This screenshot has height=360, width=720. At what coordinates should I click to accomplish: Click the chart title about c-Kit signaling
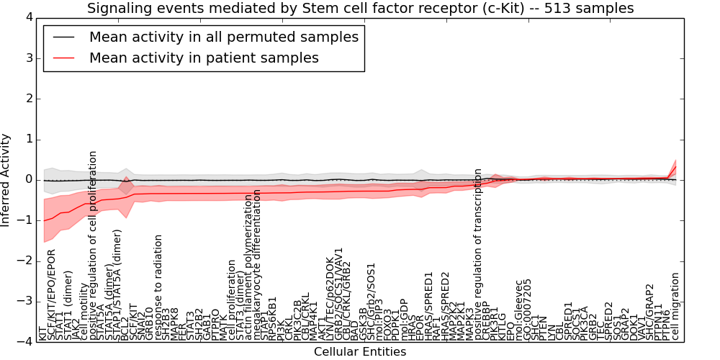tap(360, 8)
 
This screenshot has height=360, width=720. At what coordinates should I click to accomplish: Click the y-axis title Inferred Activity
tap(6, 179)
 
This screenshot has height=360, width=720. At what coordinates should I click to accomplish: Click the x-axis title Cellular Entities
tap(359, 352)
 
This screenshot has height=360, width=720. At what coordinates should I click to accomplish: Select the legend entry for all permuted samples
tap(223, 37)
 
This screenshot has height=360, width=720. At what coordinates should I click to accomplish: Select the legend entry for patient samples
tap(204, 58)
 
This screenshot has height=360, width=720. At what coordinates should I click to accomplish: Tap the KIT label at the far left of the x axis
tap(42, 332)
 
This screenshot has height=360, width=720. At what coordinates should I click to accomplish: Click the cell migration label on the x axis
tap(675, 305)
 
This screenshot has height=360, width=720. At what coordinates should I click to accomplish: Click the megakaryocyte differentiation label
tap(258, 265)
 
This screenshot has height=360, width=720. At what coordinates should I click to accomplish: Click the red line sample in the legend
tap(64, 58)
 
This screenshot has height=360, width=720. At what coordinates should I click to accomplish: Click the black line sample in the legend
tap(64, 37)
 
